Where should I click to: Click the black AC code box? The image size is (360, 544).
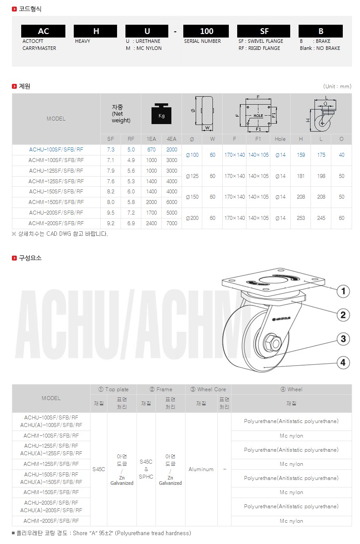(43, 31)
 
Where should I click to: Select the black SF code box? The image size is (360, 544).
(264, 31)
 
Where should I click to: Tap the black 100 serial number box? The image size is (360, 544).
(206, 31)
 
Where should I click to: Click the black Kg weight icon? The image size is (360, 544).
(161, 114)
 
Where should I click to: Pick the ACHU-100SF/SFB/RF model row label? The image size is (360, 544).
(56, 150)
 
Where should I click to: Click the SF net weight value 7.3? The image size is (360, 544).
(110, 150)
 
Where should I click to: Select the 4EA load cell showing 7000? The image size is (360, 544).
(171, 223)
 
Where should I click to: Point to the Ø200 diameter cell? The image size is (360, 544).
(192, 218)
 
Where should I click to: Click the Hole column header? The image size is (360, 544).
(280, 139)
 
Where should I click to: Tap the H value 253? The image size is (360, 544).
(301, 218)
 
